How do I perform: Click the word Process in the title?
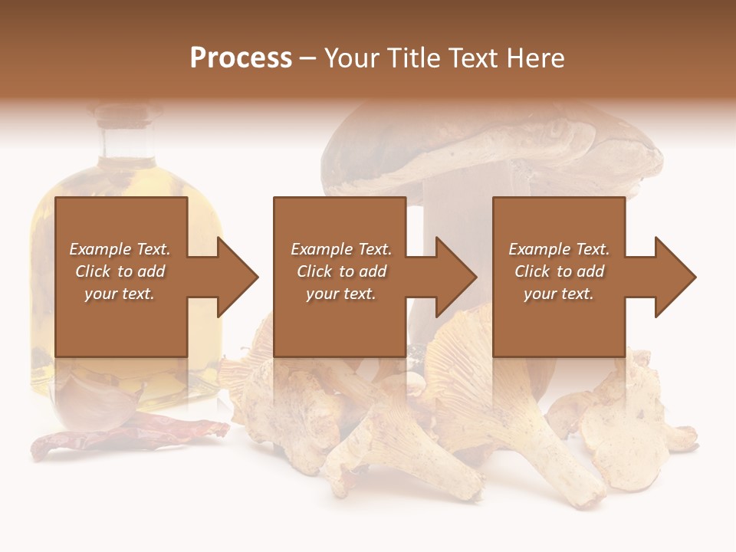tap(241, 58)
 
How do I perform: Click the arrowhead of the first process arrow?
tap(237, 277)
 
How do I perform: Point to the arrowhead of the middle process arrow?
tap(455, 277)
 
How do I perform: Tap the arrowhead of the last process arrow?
tap(675, 277)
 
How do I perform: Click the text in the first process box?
tap(120, 271)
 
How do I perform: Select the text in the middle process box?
tap(341, 271)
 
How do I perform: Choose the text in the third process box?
tap(559, 271)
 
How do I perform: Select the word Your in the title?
tap(350, 58)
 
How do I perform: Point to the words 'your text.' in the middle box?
tap(340, 294)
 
